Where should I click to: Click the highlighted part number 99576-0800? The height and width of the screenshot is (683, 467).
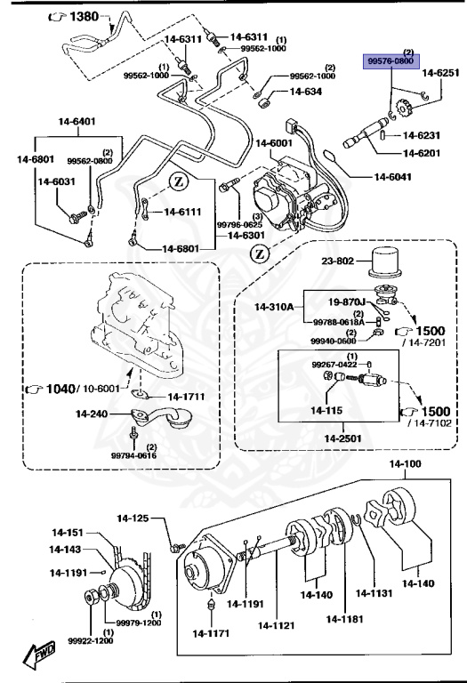(x=391, y=62)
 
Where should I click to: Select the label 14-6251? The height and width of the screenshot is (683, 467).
(x=439, y=73)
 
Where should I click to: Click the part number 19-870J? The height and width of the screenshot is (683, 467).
(x=348, y=302)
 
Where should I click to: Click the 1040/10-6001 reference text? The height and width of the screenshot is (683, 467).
(x=69, y=389)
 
